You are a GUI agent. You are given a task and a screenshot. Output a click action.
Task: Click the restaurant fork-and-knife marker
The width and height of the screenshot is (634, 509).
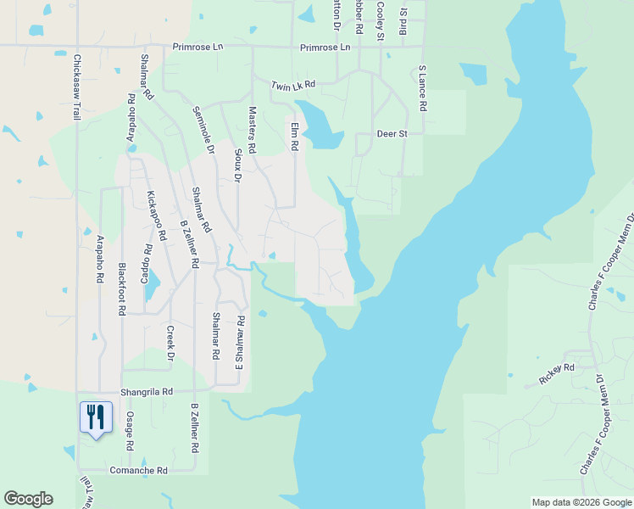pyautogui.click(x=96, y=417)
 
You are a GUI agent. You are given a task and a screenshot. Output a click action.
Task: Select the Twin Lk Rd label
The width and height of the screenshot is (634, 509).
pyautogui.click(x=293, y=86)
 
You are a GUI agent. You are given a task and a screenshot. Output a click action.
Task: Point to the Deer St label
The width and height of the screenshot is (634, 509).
pyautogui.click(x=392, y=134)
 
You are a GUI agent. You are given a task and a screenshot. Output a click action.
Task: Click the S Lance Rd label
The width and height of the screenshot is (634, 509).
pyautogui.click(x=421, y=89)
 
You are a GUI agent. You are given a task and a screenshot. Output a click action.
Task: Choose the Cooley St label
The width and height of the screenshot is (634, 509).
pyautogui.click(x=381, y=20)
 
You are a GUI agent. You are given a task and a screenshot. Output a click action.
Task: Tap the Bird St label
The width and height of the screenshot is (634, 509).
pyautogui.click(x=403, y=19)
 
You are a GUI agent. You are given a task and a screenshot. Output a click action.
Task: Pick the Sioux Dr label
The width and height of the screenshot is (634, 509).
pyautogui.click(x=237, y=166)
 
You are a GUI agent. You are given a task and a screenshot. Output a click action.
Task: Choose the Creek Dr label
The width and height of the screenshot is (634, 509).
pyautogui.click(x=170, y=343)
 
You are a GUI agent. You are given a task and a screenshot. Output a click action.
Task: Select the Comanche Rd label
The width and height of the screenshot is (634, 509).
pyautogui.click(x=138, y=470)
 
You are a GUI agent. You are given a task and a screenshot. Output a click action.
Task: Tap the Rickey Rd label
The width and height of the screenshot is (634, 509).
pyautogui.click(x=557, y=368)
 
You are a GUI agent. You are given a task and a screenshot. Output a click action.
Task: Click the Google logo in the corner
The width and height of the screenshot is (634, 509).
pyautogui.click(x=28, y=499)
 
